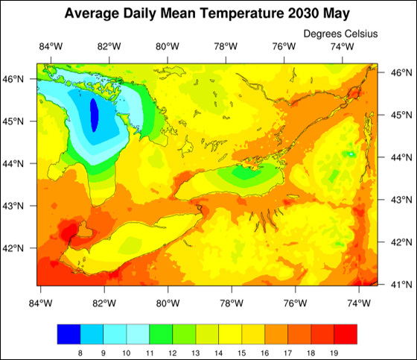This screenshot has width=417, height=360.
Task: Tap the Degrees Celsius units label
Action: click(x=341, y=34)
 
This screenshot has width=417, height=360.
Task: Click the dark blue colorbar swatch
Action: click(x=69, y=334)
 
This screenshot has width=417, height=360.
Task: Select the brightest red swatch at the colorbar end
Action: click(x=346, y=334)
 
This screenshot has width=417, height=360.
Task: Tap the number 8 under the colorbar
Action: click(x=80, y=352)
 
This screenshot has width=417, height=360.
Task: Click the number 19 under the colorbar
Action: click(x=334, y=352)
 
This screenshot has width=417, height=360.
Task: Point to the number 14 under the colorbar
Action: click(x=218, y=352)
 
